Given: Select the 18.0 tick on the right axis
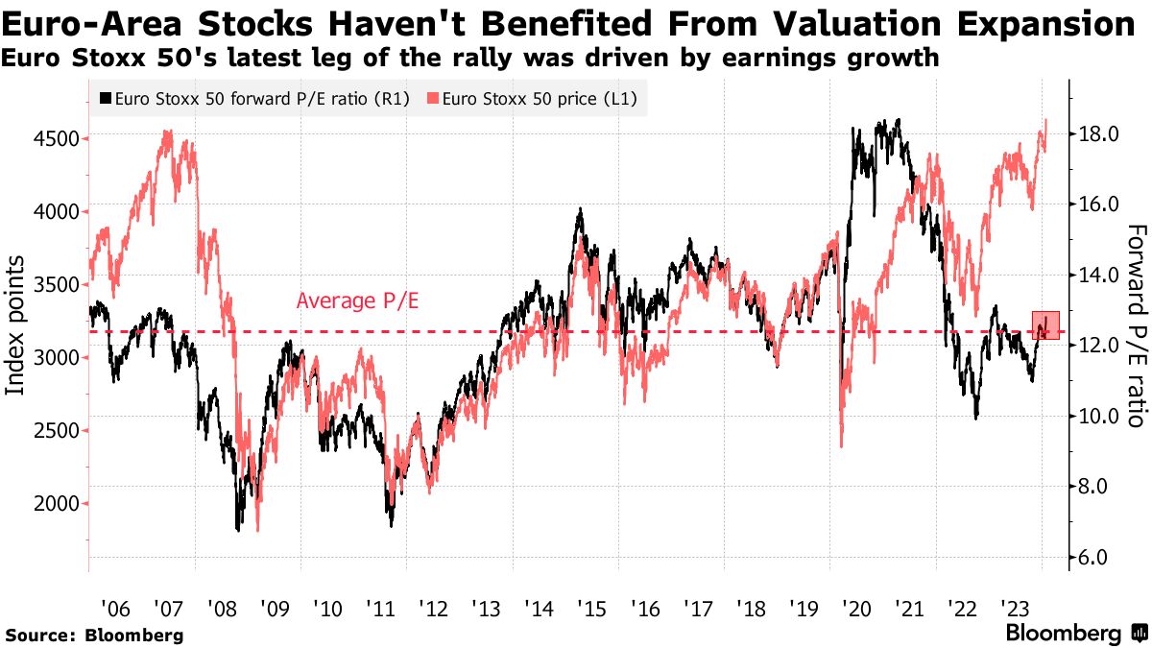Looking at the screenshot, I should [x=1097, y=134].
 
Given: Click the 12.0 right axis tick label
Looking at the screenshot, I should [x=1097, y=346].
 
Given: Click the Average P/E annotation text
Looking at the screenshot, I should [x=357, y=300].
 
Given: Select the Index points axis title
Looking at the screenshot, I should [x=16, y=324].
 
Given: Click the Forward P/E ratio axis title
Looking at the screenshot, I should [x=1137, y=325].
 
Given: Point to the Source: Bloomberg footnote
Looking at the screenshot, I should [x=94, y=635].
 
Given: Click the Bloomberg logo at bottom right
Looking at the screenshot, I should [x=1074, y=634].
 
